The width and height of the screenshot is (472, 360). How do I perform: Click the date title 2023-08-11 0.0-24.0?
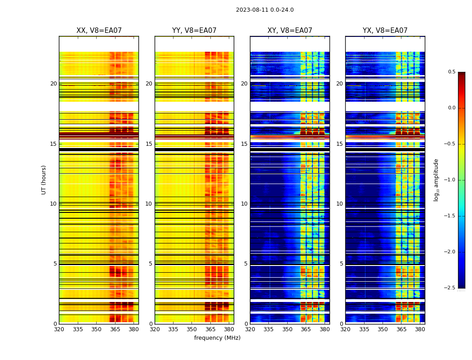coord(265,10)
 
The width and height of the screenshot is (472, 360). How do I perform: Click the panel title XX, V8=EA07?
coord(99,31)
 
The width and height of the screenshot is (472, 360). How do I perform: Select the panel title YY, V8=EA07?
coord(194,31)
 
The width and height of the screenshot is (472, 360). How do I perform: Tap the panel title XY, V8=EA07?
coord(290,31)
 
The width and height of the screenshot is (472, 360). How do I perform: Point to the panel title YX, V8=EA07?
coord(385,31)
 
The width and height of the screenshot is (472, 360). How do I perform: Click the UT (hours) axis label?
coord(44,180)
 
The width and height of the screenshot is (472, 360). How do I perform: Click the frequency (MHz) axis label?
coord(217,338)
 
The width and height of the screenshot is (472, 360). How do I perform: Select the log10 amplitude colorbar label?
coord(436,180)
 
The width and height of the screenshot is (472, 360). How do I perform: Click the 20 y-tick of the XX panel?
coord(53,84)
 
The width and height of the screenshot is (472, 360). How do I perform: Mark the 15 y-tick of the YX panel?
coord(340,144)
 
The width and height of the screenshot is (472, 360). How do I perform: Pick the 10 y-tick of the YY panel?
coord(149,204)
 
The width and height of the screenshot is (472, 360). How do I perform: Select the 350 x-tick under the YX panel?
coord(383,329)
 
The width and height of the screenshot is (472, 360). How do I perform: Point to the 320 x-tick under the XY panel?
coord(250,329)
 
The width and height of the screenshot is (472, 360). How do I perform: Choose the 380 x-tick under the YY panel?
coord(229,329)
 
